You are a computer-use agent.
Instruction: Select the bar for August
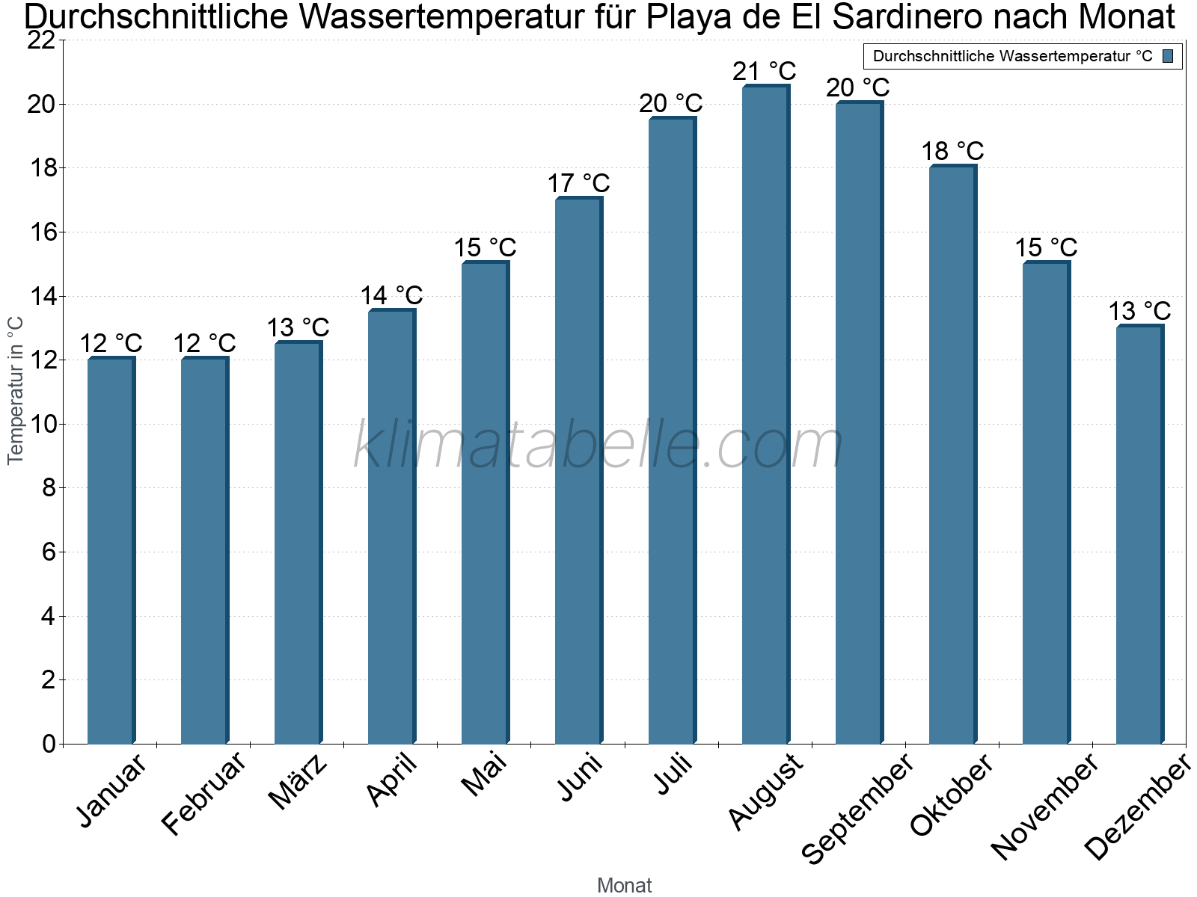pyautogui.click(x=766, y=414)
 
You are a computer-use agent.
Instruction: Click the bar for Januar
pyautogui.click(x=111, y=550)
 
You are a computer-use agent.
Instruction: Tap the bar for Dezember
pyautogui.click(x=1140, y=534)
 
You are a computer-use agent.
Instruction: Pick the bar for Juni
pyautogui.click(x=579, y=470)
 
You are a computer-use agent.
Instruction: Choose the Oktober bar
pyautogui.click(x=953, y=454)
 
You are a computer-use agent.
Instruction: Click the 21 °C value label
pyautogui.click(x=765, y=71)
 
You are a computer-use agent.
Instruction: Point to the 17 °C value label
pyautogui.click(x=578, y=184)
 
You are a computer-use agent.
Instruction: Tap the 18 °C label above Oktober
pyautogui.click(x=952, y=152)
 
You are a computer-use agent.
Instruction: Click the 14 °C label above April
pyautogui.click(x=391, y=296)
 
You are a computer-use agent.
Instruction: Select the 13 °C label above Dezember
pyautogui.click(x=1139, y=312)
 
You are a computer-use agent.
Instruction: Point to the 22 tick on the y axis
pyautogui.click(x=41, y=40)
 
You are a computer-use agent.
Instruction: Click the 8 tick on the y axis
pyautogui.click(x=49, y=488)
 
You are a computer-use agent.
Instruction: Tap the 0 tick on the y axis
pyautogui.click(x=49, y=744)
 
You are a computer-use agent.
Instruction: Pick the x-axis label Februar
pyautogui.click(x=203, y=793)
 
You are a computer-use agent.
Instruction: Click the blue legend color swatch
pyautogui.click(x=1168, y=56)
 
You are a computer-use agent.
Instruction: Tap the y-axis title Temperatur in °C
pyautogui.click(x=15, y=391)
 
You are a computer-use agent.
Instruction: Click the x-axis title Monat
pyautogui.click(x=625, y=886)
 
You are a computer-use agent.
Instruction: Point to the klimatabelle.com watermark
pyautogui.click(x=598, y=444)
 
